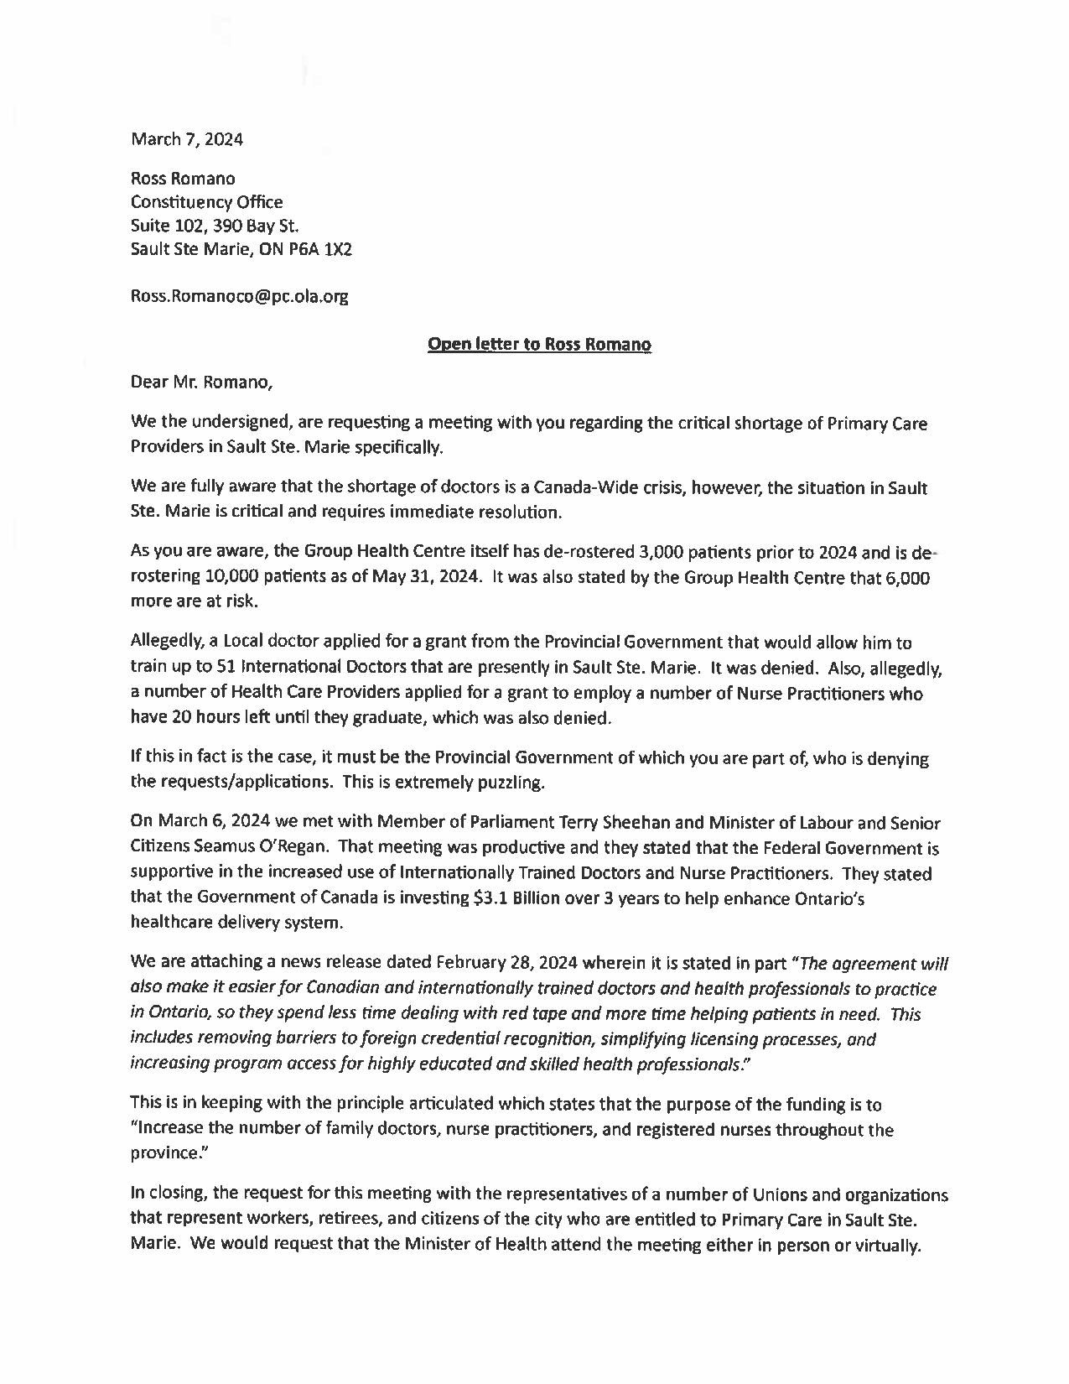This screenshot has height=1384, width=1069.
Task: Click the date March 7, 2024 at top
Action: click(187, 139)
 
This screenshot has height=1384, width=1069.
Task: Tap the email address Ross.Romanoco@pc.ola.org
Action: click(239, 296)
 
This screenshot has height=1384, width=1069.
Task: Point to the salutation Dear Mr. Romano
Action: click(201, 383)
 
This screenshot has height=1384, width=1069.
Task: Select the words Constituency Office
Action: click(206, 202)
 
